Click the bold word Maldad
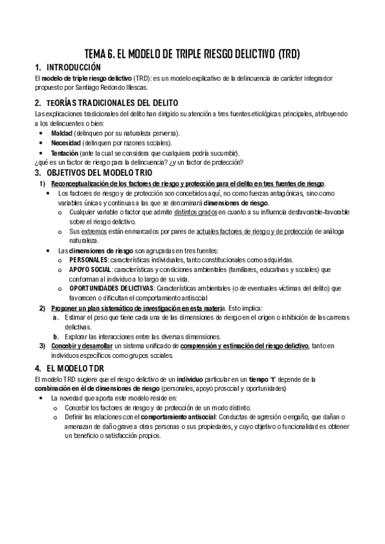coord(62,133)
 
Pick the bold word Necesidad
coord(66,142)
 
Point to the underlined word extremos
coord(93,230)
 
